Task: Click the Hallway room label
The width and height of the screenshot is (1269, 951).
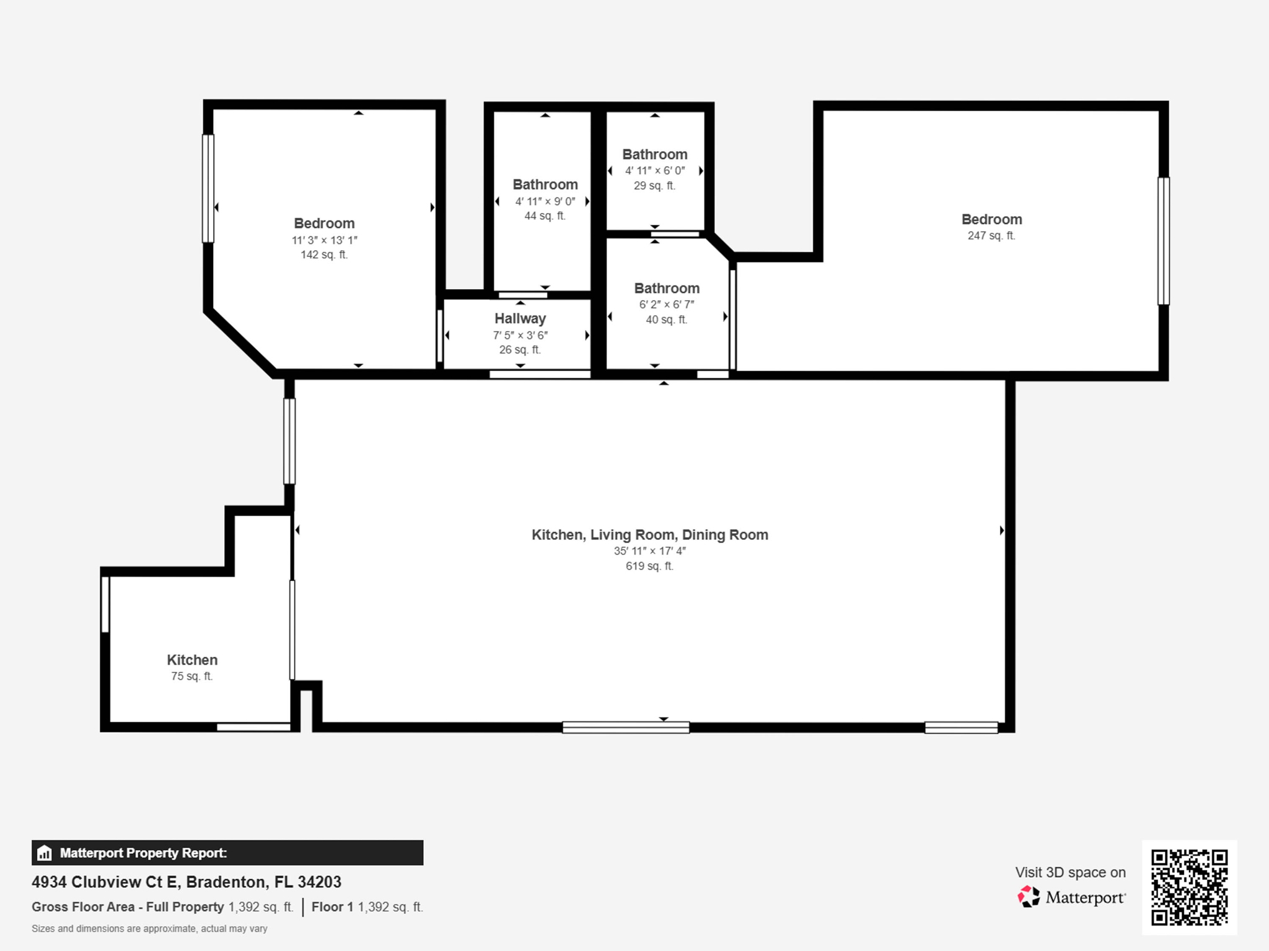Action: [520, 318]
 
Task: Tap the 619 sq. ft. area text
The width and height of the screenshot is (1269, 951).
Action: [649, 566]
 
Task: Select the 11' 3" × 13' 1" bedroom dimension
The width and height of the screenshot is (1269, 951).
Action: [324, 240]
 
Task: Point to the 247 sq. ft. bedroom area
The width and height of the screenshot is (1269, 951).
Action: [991, 236]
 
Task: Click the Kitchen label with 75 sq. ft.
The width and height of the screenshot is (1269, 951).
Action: [192, 660]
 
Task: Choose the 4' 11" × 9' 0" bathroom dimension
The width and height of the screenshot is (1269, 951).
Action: [545, 201]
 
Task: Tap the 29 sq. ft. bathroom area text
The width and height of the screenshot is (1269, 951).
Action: [654, 186]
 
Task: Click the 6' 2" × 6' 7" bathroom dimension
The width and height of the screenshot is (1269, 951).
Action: [666, 305]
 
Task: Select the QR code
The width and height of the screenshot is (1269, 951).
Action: [1189, 887]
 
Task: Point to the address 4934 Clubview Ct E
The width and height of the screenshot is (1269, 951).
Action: [186, 882]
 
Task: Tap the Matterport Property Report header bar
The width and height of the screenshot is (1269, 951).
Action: [227, 853]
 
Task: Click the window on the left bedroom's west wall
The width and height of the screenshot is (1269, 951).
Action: [208, 188]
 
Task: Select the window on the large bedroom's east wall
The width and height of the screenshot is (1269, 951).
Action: [1163, 241]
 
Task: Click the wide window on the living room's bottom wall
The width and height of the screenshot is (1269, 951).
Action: [626, 727]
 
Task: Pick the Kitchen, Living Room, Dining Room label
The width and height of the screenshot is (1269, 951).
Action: [649, 535]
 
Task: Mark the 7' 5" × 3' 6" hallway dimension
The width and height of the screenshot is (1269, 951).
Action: [520, 335]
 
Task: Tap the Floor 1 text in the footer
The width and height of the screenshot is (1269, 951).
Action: [332, 907]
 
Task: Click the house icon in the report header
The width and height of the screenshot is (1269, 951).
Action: [45, 853]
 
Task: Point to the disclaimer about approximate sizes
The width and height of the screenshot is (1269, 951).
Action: [149, 929]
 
